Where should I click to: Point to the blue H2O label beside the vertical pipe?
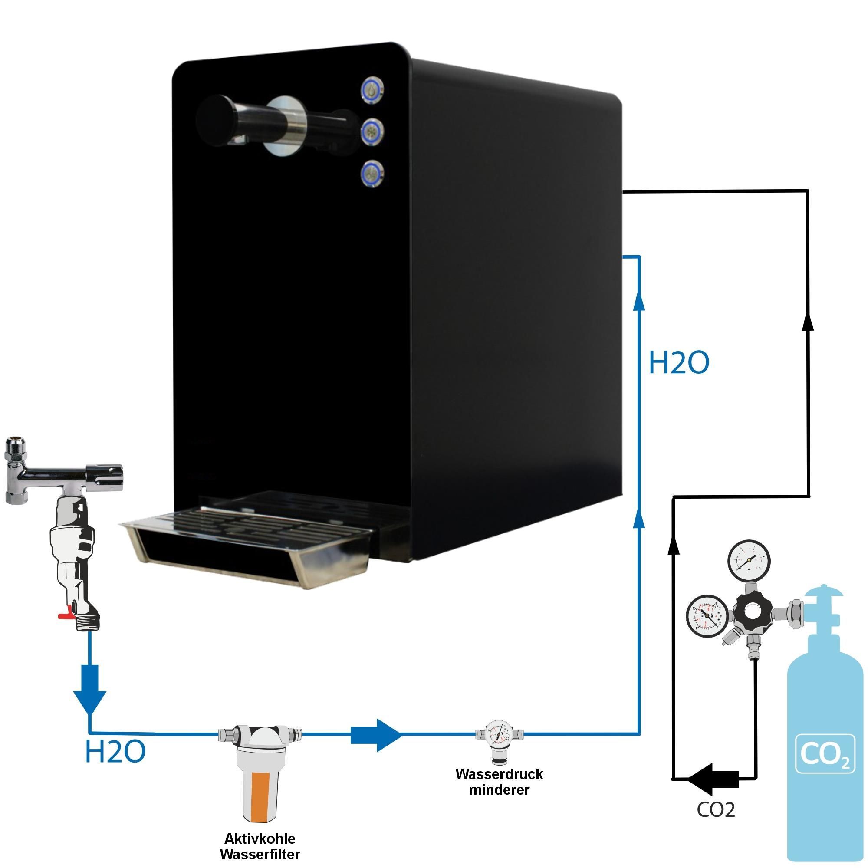(679, 363)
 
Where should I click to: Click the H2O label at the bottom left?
(115, 752)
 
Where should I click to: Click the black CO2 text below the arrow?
(716, 809)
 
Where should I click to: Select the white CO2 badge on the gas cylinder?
(825, 753)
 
